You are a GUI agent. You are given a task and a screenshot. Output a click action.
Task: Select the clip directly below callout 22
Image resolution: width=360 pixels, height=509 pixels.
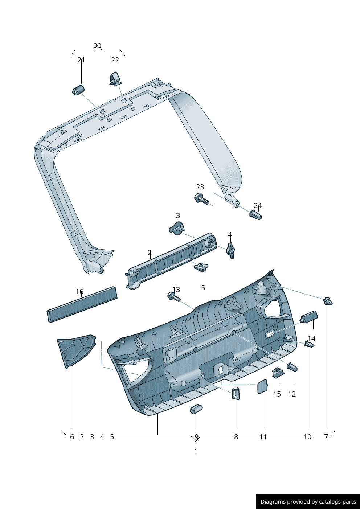[115, 78]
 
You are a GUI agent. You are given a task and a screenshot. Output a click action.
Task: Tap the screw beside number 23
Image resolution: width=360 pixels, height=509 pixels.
[201, 199]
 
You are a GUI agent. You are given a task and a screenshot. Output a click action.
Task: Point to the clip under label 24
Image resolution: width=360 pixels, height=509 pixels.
[255, 215]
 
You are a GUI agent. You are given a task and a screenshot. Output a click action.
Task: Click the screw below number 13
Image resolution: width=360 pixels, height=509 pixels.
[173, 297]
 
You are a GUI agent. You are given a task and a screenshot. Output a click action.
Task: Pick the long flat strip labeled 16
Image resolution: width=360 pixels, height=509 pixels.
[82, 304]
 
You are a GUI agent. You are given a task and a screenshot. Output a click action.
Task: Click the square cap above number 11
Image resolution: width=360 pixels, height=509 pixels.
[262, 386]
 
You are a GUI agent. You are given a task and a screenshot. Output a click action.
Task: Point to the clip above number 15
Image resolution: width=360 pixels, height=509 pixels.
[278, 372]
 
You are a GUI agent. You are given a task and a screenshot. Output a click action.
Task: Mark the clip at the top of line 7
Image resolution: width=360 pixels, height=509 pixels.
[328, 301]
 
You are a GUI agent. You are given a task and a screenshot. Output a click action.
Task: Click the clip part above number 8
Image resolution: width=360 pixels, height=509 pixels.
[236, 393]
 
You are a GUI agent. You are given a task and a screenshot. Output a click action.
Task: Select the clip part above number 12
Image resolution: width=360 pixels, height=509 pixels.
[292, 367]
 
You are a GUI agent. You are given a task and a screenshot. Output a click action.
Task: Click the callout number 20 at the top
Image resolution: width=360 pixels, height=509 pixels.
[97, 46]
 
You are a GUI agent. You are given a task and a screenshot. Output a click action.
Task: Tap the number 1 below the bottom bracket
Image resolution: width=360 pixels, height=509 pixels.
[196, 451]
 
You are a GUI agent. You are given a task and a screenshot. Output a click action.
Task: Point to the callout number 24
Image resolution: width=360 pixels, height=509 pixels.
[258, 206]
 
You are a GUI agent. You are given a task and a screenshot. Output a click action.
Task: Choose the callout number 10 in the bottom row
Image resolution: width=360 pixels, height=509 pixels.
[307, 437]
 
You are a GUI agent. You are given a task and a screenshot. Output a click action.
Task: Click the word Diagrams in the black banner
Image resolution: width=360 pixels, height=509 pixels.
[273, 502]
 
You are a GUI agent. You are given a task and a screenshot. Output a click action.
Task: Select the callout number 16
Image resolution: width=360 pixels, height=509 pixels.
[79, 291]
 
